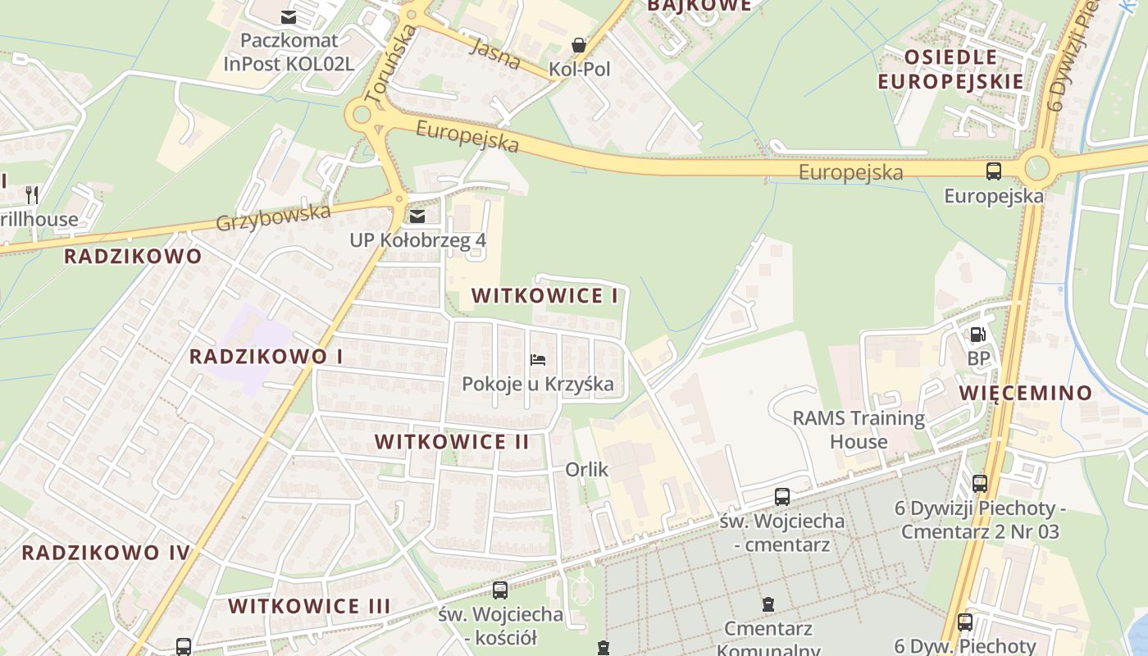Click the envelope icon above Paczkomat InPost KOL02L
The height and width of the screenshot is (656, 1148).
point(289,16)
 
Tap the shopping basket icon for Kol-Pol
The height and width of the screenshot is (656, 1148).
point(579,45)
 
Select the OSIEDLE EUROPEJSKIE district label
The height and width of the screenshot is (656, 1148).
point(950,70)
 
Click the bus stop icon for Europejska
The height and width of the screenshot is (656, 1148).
point(994,171)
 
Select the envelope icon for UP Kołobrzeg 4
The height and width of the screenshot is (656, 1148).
point(417,216)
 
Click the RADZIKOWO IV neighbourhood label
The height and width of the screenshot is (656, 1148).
point(106,552)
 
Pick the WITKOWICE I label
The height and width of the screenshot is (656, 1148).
point(544,296)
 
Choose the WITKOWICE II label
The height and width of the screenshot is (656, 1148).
point(452,442)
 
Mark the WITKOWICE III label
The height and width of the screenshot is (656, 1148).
point(309,606)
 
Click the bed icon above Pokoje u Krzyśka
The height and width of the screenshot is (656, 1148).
point(538,360)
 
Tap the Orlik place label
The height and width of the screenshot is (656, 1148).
point(586,469)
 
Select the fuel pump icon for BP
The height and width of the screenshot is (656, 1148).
point(977,335)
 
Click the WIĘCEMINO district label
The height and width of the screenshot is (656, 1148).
point(1026,393)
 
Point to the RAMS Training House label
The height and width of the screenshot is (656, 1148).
point(859,430)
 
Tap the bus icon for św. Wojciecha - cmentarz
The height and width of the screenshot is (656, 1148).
point(782,496)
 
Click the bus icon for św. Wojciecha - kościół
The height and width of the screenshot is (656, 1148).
point(499,590)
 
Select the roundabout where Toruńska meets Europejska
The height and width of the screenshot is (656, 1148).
point(362,116)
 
